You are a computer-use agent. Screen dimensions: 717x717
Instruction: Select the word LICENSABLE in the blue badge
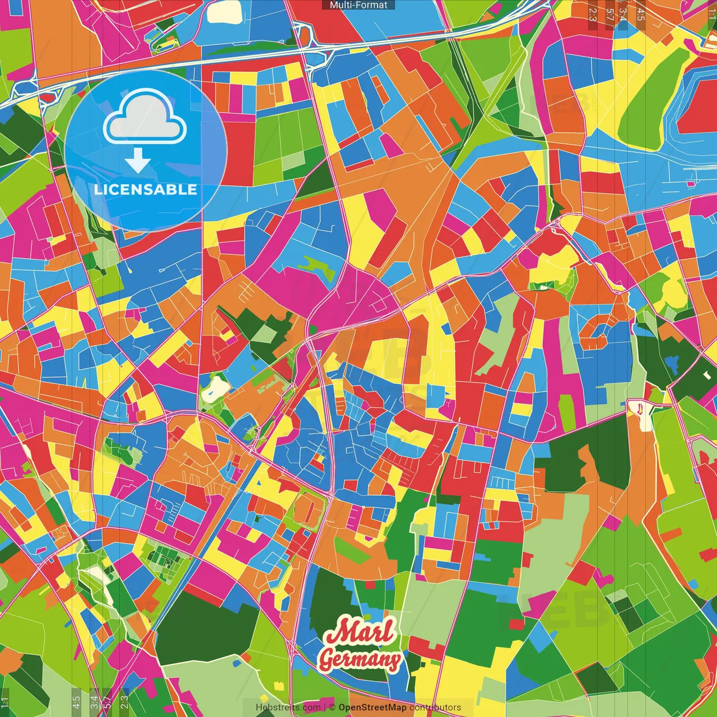(x=146, y=189)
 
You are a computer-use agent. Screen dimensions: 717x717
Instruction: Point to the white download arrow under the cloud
(x=138, y=161)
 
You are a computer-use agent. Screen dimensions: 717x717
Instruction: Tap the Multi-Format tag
(x=358, y=5)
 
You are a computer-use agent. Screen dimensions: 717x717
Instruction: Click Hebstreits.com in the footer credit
(x=288, y=707)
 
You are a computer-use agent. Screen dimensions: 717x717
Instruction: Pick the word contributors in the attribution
(x=435, y=707)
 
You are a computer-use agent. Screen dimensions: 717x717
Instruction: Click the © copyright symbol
(x=332, y=707)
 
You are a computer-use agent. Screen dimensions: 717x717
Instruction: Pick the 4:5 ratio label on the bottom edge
(x=76, y=702)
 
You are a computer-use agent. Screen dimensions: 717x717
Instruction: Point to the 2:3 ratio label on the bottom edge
(x=124, y=702)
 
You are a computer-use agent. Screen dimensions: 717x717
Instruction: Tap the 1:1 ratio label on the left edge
(x=5, y=702)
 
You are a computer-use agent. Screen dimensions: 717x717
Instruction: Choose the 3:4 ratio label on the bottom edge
(x=94, y=702)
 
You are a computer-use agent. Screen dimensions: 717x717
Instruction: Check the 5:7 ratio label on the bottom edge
(x=108, y=702)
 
